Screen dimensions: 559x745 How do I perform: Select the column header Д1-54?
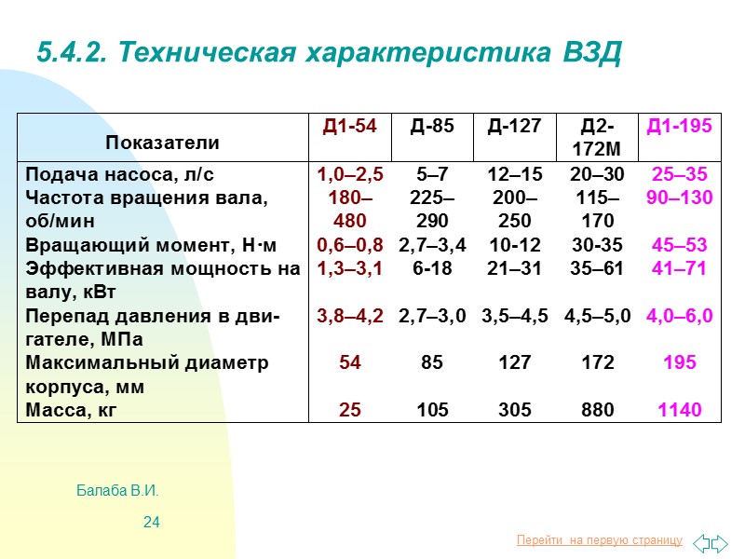coord(349,126)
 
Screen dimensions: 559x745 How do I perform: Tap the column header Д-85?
coord(432,126)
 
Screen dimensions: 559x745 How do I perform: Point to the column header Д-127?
coord(514,126)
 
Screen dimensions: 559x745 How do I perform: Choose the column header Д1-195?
coord(679,126)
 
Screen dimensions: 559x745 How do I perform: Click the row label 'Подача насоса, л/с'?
coord(114,174)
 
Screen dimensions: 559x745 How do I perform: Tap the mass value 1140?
coord(679,409)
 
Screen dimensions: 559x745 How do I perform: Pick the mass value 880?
coord(597,409)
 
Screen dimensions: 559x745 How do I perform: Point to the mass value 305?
coord(514,409)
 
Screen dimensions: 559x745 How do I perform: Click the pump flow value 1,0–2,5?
coord(349,174)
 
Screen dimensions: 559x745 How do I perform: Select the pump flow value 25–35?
coord(679,174)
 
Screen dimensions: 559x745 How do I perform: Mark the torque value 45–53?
coord(679,245)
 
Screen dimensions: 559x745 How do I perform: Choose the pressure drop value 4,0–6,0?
coord(679,316)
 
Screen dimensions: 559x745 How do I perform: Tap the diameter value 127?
coord(514,362)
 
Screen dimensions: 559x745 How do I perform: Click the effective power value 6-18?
coord(432,268)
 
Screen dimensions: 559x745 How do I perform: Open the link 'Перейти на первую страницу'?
coord(599,540)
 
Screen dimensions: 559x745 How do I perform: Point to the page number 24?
coord(151,522)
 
